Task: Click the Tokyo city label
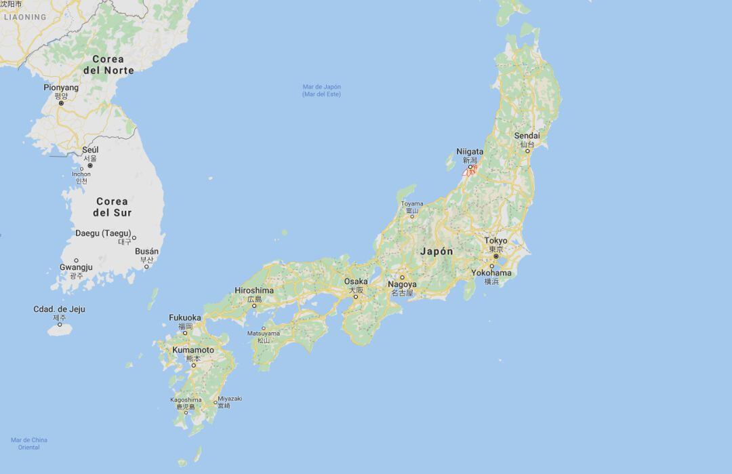click(x=495, y=241)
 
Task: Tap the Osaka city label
click(x=356, y=281)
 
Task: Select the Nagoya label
click(x=402, y=285)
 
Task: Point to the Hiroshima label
click(x=254, y=291)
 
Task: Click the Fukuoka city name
click(x=185, y=317)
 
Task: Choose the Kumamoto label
click(x=193, y=350)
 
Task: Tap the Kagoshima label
click(x=186, y=400)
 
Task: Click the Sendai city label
click(x=527, y=136)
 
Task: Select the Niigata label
click(x=470, y=152)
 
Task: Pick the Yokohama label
click(x=491, y=273)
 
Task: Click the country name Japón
click(x=436, y=252)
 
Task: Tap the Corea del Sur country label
click(x=113, y=207)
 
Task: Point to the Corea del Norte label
click(x=108, y=64)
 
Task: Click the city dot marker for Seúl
click(x=89, y=165)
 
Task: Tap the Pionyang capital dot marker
click(x=61, y=103)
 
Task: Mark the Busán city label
click(x=147, y=252)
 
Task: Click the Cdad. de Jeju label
click(x=60, y=309)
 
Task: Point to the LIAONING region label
click(x=25, y=17)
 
